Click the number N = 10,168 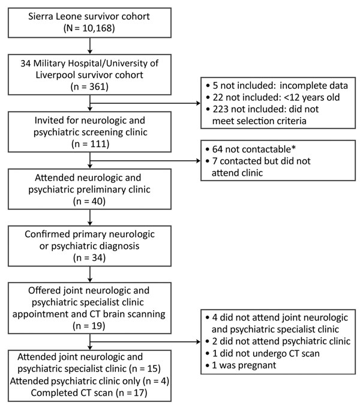[89, 28]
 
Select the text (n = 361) [89, 86]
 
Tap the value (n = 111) [90, 144]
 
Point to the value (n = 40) [89, 201]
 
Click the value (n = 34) [89, 257]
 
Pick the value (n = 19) [89, 326]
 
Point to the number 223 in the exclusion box [220, 109]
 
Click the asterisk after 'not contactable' [293, 148]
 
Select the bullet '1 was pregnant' [241, 365]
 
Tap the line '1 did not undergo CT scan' [262, 353]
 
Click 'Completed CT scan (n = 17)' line [89, 392]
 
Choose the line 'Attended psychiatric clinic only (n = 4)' [89, 381]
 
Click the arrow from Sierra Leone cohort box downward [90, 46]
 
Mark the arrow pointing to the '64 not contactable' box [145, 161]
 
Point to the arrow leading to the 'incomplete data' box [145, 103]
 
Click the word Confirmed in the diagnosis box [47, 234]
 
